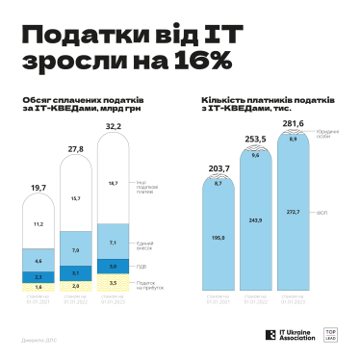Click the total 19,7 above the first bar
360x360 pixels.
coord(39,188)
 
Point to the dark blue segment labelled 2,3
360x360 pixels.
coord(39,275)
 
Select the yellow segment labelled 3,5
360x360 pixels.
coord(113,283)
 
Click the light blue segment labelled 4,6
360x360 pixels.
coord(39,261)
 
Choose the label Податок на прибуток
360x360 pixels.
coord(146,283)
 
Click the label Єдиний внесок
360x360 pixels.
coord(144,244)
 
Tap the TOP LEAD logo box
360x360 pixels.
coord(330,335)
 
